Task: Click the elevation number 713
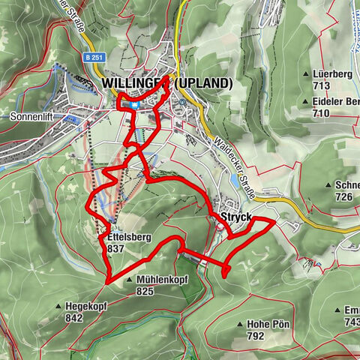pos(323,86)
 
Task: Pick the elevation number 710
pos(323,112)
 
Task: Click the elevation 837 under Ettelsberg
pos(116,248)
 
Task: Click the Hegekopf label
pos(86,306)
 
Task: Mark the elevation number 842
pos(73,317)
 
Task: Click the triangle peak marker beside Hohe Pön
pos(240,325)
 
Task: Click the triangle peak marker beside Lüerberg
pos(307,75)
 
